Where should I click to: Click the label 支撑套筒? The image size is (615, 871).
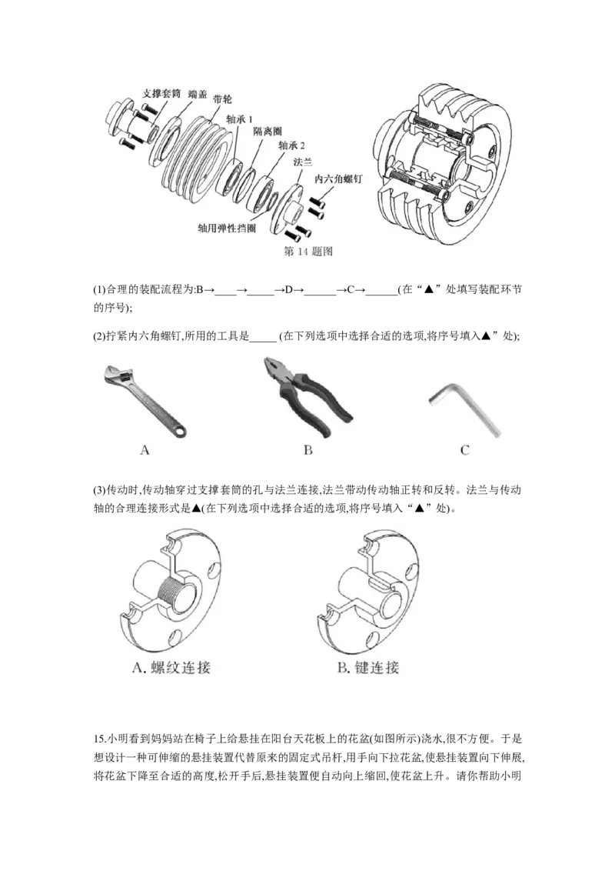[x=161, y=93]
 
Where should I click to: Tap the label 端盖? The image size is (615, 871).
[x=198, y=93]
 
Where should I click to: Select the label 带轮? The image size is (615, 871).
[x=223, y=101]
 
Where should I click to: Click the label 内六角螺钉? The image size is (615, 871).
[x=338, y=178]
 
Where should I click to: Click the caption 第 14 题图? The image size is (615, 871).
[x=308, y=252]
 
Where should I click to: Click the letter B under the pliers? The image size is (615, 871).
[x=307, y=450]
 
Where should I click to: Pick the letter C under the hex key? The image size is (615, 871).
[x=464, y=450]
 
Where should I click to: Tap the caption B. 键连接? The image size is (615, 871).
[x=369, y=667]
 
